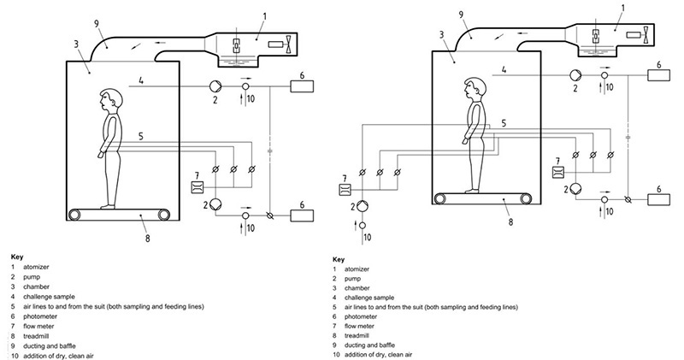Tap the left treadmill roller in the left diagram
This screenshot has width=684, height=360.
[x=75, y=215]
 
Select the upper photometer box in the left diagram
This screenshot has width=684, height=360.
[x=302, y=86]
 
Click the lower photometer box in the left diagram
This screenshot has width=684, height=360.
[x=302, y=215]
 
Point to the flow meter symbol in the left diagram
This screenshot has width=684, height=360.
[x=198, y=187]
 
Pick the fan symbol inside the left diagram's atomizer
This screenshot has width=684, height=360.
[x=288, y=44]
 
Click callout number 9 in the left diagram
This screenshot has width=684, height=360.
[x=97, y=23]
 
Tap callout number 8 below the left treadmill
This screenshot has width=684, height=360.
[x=147, y=239]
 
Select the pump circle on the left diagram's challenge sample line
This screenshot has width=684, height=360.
[x=215, y=86]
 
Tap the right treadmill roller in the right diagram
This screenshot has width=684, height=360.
[x=526, y=198]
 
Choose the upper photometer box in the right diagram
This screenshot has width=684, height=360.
[x=658, y=75]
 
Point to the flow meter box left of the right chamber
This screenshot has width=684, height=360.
[x=345, y=190]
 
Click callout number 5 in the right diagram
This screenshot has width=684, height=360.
[x=504, y=123]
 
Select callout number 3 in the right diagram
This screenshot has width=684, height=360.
[x=442, y=34]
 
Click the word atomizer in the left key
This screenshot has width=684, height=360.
[x=36, y=267]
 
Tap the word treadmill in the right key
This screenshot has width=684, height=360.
[x=357, y=335]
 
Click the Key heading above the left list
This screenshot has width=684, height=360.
[x=17, y=257]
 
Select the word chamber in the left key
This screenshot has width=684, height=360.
[x=36, y=286]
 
